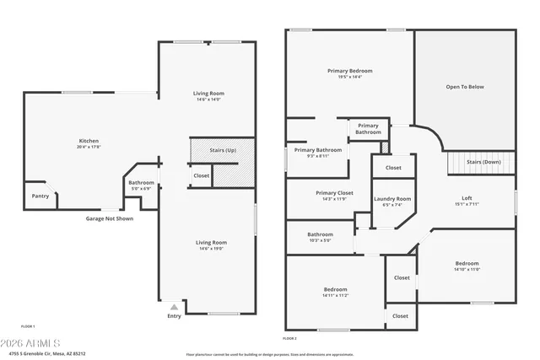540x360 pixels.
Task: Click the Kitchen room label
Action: (89, 141)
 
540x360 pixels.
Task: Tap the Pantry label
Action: (40, 196)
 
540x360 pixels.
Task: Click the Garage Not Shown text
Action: (109, 218)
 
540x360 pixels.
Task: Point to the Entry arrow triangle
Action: (174, 307)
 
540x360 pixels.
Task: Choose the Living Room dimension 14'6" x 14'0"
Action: (208, 100)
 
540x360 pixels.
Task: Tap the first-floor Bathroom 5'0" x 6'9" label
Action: (141, 189)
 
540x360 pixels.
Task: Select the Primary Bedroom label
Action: (349, 71)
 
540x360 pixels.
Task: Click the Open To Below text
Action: (465, 86)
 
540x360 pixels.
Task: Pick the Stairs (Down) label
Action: (484, 162)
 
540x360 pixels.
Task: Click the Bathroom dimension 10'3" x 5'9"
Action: (320, 241)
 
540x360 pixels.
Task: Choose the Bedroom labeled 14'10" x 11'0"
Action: (467, 270)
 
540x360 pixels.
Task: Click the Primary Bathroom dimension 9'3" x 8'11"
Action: (311, 156)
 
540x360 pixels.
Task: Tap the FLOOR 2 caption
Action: (289, 337)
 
